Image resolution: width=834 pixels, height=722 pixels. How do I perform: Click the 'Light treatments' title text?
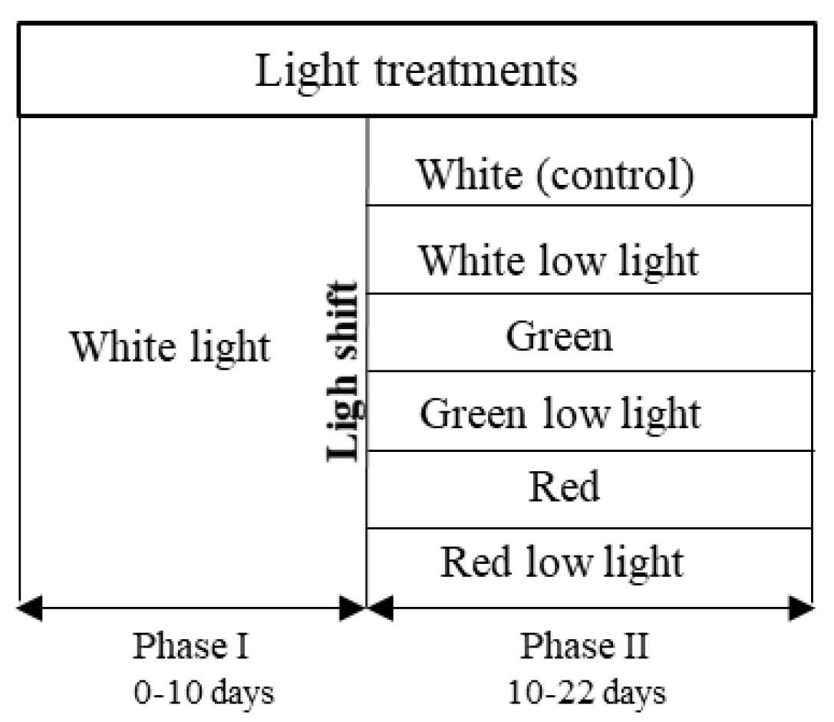coord(417,71)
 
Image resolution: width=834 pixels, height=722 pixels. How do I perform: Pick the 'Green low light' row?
coord(559,414)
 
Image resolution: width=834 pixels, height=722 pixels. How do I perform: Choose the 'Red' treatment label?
coord(564,486)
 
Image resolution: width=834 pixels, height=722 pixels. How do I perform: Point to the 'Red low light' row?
coord(562,562)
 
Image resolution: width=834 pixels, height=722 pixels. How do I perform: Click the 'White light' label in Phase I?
coord(170,347)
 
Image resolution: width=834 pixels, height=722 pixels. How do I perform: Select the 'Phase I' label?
coord(191,646)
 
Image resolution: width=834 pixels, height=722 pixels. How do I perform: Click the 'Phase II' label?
coord(585,646)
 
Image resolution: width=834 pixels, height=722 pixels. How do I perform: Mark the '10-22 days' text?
coord(587,693)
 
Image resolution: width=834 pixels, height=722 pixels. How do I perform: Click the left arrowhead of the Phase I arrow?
coord(29,610)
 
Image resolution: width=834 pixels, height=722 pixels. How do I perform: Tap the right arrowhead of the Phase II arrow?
coord(802,610)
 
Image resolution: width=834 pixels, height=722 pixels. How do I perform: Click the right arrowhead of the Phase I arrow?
coord(354,610)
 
